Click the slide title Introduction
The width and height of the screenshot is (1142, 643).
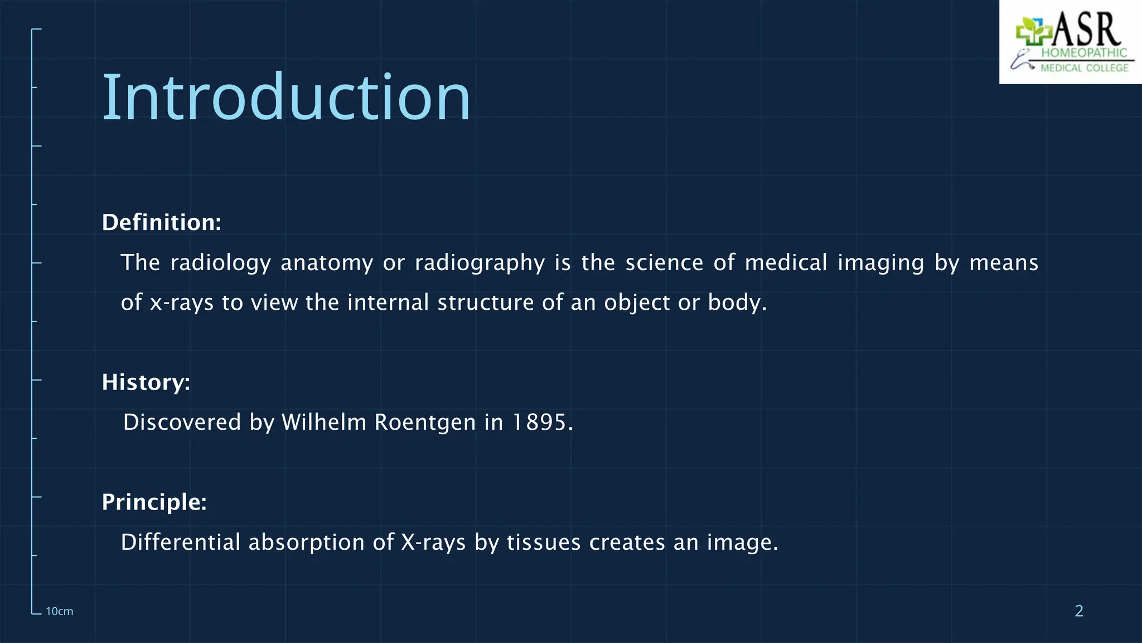click(286, 98)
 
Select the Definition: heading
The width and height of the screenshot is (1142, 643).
click(161, 222)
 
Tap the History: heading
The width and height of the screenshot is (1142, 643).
click(146, 382)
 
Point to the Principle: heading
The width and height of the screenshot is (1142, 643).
click(154, 502)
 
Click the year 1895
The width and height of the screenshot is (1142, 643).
click(539, 422)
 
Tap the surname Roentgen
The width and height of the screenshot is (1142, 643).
click(425, 422)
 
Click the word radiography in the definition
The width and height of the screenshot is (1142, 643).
click(480, 263)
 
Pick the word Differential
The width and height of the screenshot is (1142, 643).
click(181, 542)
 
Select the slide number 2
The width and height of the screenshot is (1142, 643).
click(1079, 611)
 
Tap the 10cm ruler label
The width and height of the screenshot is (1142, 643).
click(59, 611)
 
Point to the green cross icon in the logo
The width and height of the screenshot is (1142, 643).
click(1032, 32)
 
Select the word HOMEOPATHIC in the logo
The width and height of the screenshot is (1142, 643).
click(1084, 53)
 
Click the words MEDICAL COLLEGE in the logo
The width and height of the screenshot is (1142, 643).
click(1084, 68)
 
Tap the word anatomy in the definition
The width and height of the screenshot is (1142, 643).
click(327, 263)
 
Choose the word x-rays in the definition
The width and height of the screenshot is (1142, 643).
click(182, 303)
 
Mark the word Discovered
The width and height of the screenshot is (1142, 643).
click(182, 422)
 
